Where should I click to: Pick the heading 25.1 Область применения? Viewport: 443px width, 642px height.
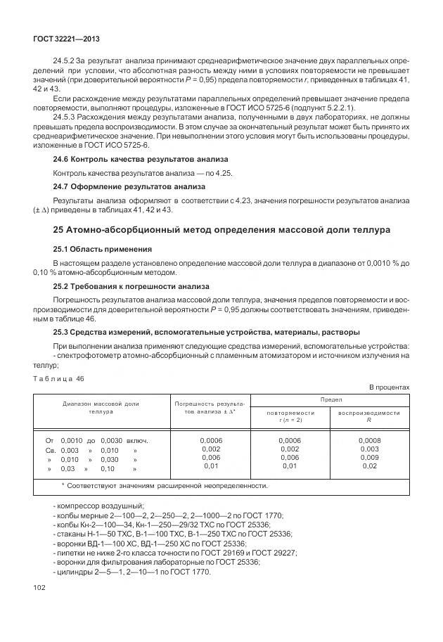[x=102, y=249]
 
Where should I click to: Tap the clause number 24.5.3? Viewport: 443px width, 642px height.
[x=65, y=117]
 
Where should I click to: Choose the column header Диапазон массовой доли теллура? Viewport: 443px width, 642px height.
[x=101, y=408]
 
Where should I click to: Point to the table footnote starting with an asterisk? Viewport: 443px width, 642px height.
[x=164, y=485]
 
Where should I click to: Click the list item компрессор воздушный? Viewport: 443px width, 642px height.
[x=98, y=506]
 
